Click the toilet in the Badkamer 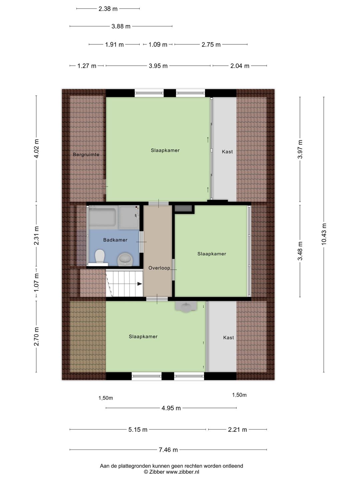[x=100, y=256]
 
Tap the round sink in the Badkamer [x=125, y=259]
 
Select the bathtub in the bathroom [x=102, y=217]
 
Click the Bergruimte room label [x=86, y=155]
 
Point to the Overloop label [x=159, y=268]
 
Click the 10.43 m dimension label [x=324, y=234]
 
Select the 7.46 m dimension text [x=168, y=450]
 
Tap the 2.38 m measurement [x=108, y=9]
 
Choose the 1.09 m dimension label [x=158, y=45]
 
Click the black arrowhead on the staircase [x=139, y=284]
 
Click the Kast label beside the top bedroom [x=227, y=152]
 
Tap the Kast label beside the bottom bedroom [x=228, y=337]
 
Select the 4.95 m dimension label [x=171, y=408]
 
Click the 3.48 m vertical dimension [x=300, y=251]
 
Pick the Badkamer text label [x=115, y=240]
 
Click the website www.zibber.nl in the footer [x=183, y=472]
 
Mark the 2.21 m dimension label [x=237, y=430]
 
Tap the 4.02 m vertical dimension [x=37, y=149]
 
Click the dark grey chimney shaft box [x=183, y=208]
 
